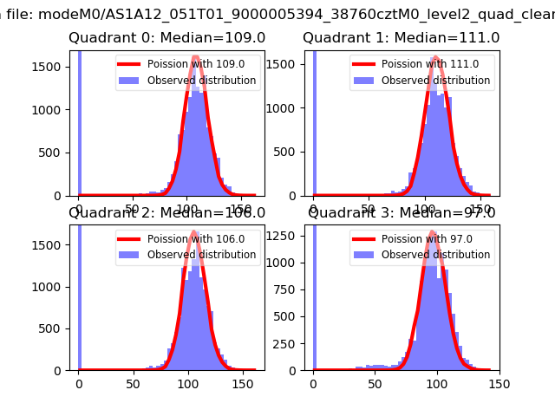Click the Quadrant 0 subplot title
(x=166, y=38)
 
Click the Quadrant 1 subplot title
(x=401, y=38)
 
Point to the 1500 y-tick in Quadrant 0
(x=52, y=68)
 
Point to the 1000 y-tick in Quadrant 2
(x=52, y=286)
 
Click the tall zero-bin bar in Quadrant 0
(x=79, y=121)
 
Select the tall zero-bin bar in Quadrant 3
(x=313, y=295)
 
